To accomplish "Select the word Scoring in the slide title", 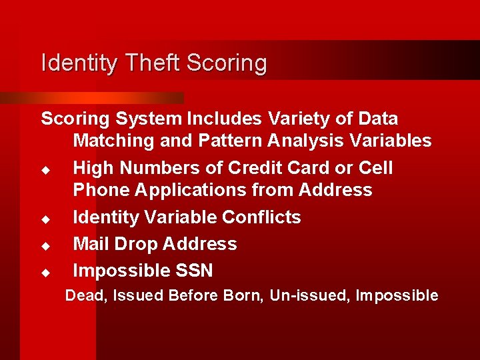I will (227, 64).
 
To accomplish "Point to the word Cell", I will (375, 168).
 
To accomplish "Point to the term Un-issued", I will (310, 295).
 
